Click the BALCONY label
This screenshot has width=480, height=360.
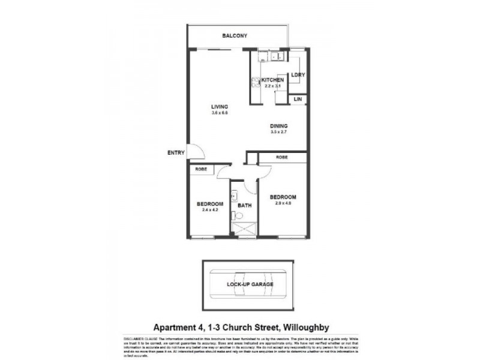235,36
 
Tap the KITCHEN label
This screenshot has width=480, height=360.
272,80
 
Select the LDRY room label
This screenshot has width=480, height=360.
298,75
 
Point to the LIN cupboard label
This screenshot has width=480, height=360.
298,99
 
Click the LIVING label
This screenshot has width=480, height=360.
220,107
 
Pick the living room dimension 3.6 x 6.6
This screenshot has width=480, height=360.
220,113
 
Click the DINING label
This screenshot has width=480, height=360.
279,126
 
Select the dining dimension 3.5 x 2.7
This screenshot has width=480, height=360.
279,132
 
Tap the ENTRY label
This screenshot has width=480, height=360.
176,153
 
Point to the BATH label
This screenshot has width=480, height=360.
244,205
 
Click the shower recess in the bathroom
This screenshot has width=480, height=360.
244,229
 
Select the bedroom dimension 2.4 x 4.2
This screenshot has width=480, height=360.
209,210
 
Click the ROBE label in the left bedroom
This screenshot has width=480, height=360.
201,170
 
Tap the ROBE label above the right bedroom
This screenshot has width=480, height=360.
282,157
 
